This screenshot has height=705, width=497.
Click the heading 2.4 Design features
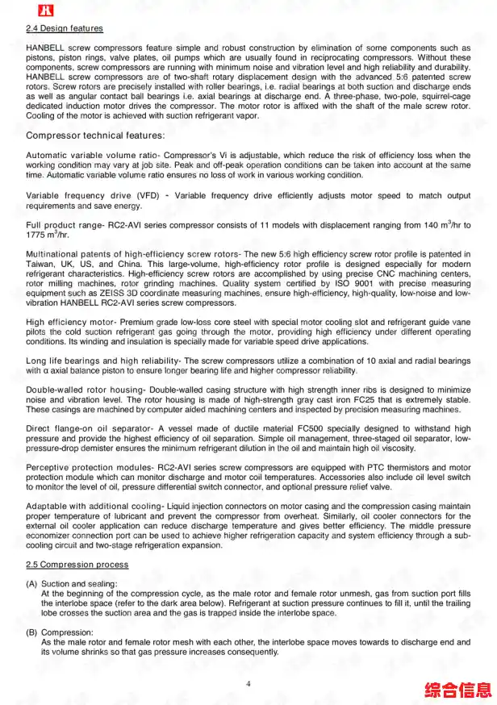pyautogui.click(x=65, y=29)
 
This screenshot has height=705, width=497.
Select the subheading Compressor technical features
pyautogui.click(x=95, y=136)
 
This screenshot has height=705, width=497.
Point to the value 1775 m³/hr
pyautogui.click(x=47, y=234)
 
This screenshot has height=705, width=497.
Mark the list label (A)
pyautogui.click(x=31, y=584)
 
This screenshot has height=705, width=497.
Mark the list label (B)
pyautogui.click(x=31, y=632)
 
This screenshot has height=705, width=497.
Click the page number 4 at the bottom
pyautogui.click(x=248, y=684)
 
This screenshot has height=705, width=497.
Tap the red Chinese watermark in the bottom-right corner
pyautogui.click(x=458, y=690)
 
